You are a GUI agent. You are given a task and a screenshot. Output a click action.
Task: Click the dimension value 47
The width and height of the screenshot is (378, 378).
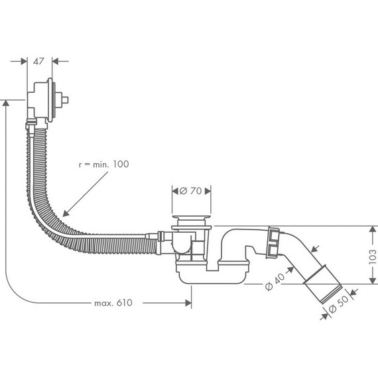click(x=38, y=60)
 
